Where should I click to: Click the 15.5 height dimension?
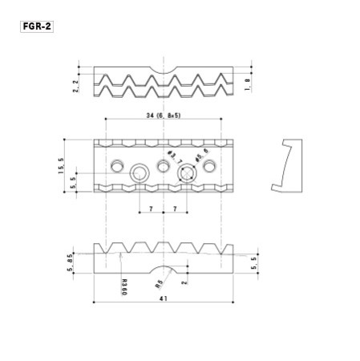[61, 166]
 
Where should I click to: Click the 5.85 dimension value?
[71, 262]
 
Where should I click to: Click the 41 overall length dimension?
[163, 298]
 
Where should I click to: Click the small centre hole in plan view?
[164, 166]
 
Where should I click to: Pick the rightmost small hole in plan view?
[211, 166]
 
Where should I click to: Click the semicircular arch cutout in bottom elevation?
[164, 269]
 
